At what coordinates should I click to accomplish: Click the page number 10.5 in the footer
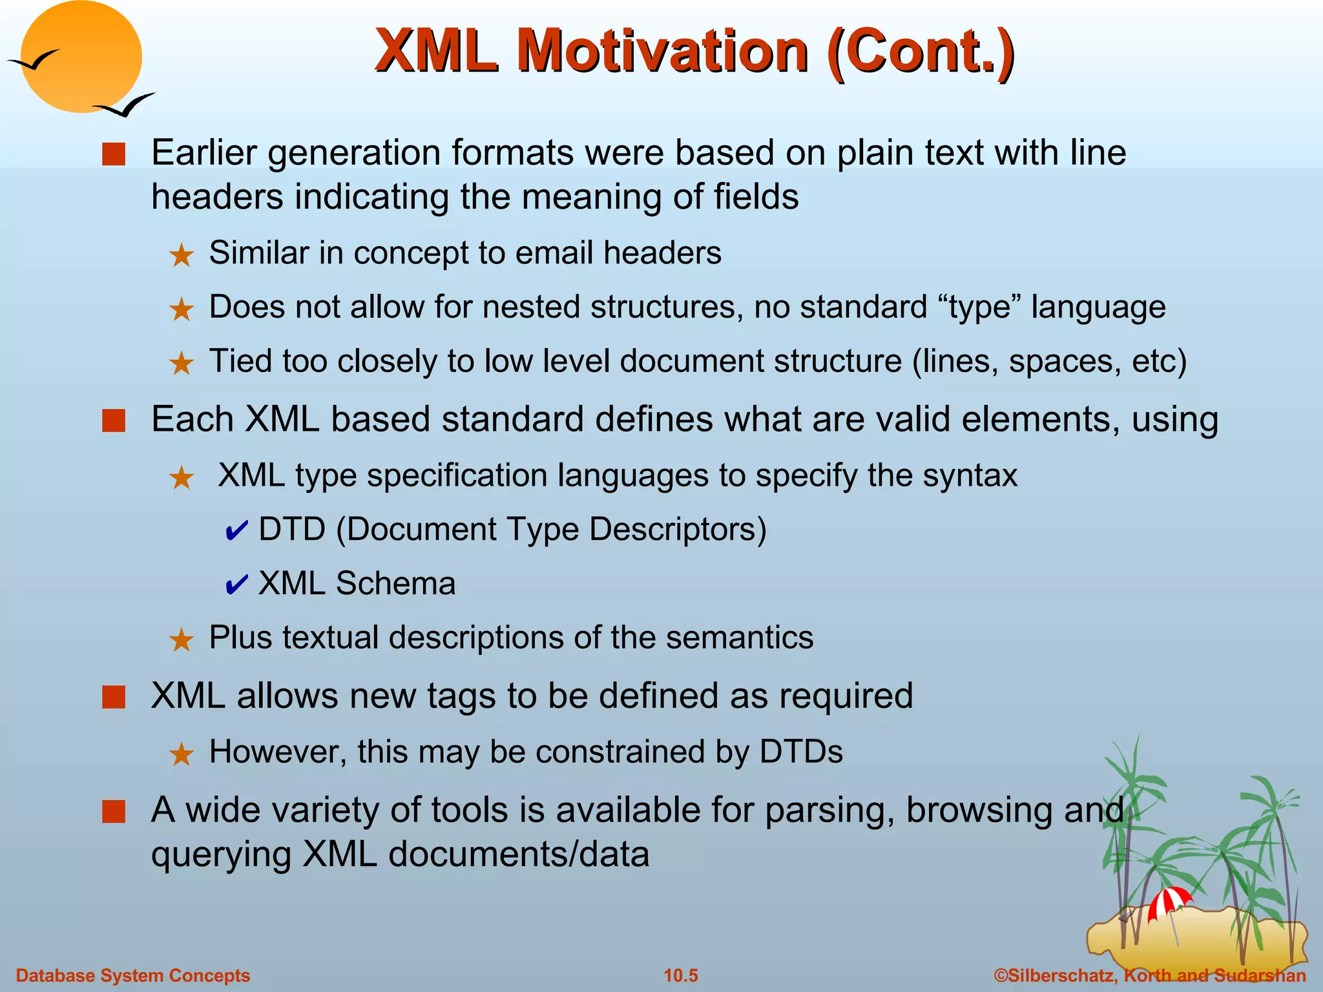coord(681,975)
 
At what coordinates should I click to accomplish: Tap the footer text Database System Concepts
coord(132,975)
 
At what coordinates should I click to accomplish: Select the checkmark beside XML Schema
coord(236,584)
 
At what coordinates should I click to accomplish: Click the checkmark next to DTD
coord(236,531)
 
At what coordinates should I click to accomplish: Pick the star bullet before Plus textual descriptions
coord(182,640)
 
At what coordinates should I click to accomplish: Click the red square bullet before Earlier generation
coord(114,155)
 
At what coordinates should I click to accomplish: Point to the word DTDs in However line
coord(801,752)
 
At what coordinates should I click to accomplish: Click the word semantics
coord(740,637)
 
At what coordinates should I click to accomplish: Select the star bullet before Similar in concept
coord(182,256)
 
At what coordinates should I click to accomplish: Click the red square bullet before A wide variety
coord(114,812)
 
